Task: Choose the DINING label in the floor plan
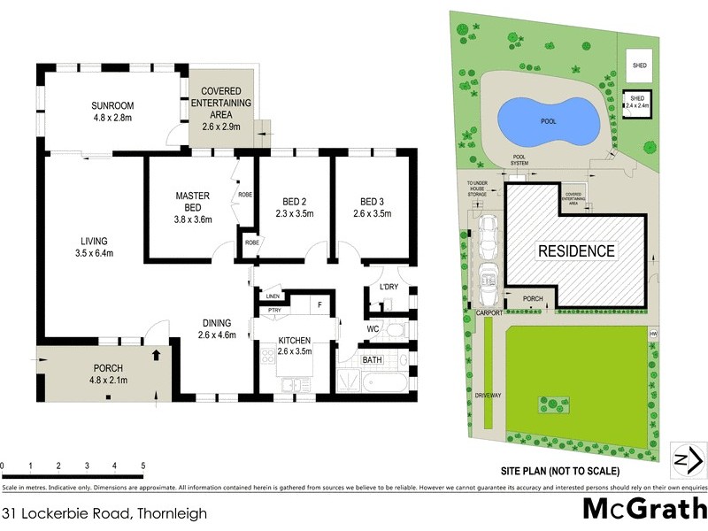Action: [216, 323]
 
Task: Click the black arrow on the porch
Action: [157, 356]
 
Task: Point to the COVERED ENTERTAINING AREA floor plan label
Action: [227, 104]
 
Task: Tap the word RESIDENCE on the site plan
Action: [576, 251]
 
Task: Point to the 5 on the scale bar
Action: [142, 465]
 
